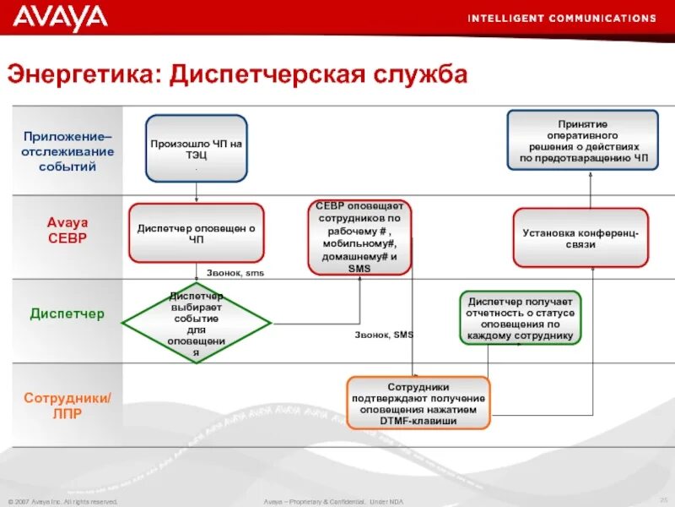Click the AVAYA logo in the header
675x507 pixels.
tap(60, 17)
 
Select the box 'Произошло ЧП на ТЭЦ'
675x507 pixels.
tap(196, 149)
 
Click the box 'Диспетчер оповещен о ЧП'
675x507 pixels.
tap(196, 233)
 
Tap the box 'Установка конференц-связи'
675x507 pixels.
tap(580, 237)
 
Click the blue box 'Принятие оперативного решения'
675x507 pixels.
tap(583, 140)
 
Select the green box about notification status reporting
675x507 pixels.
tap(521, 318)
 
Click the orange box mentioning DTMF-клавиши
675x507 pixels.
tap(419, 403)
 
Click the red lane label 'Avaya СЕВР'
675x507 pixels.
tap(67, 230)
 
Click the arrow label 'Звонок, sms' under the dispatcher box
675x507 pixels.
tap(235, 273)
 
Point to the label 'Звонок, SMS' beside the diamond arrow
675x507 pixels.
tap(384, 335)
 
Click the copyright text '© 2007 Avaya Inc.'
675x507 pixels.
tap(62, 502)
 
